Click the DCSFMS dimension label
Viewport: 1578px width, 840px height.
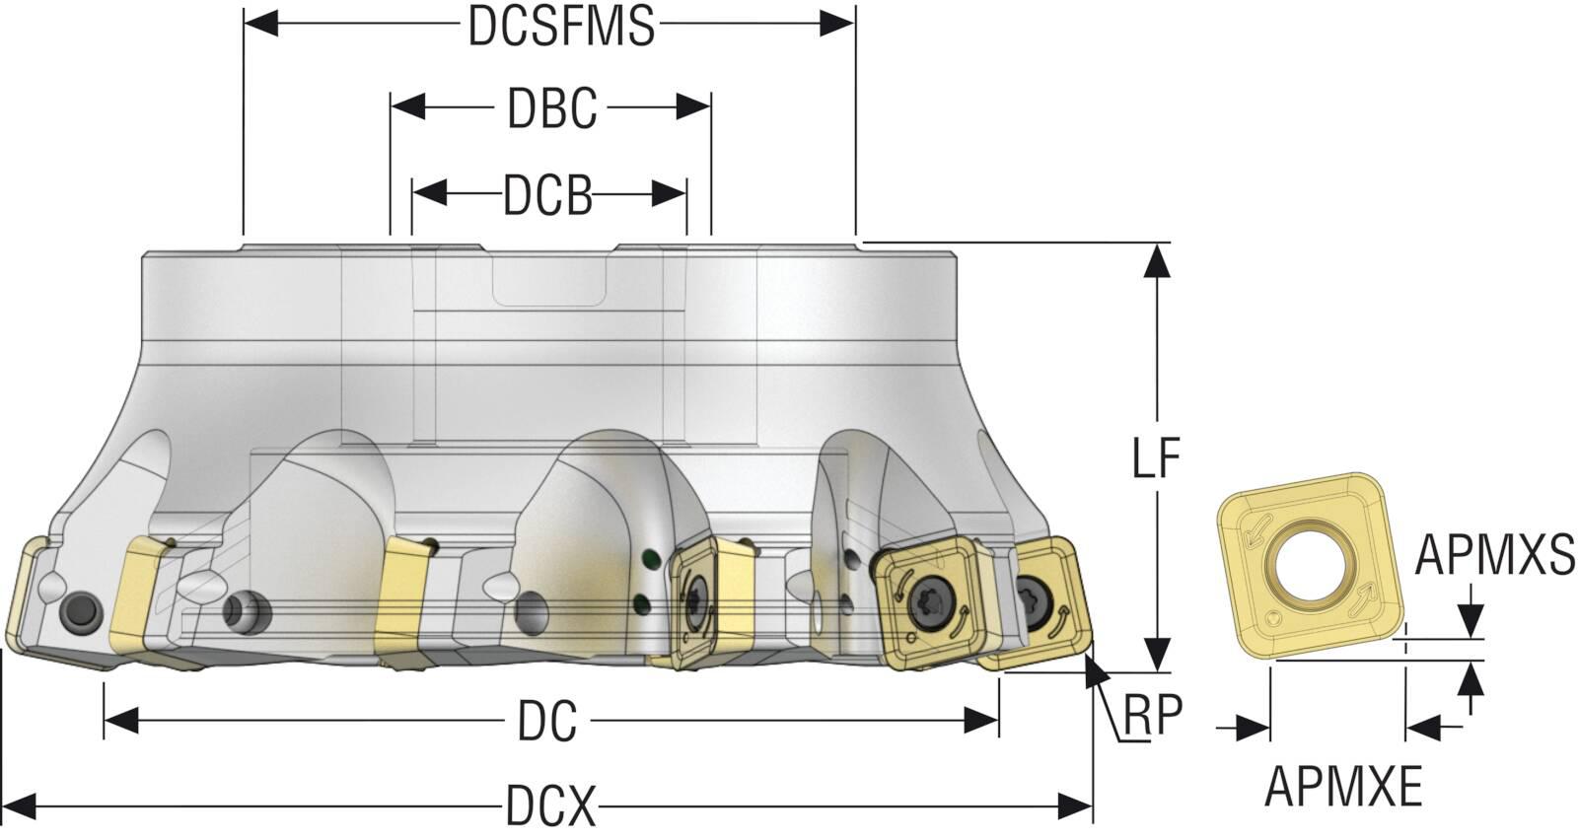point(560,27)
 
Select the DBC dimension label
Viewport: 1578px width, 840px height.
point(551,108)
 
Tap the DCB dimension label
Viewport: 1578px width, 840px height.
point(548,196)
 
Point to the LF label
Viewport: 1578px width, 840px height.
point(1156,457)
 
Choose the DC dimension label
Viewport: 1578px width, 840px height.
point(547,723)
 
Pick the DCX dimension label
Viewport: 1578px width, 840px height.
point(550,806)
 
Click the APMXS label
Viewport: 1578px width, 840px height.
point(1495,555)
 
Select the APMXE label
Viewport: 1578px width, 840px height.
point(1343,786)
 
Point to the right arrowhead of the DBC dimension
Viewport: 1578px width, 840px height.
point(694,106)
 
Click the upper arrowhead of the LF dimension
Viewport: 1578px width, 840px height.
point(1158,259)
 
